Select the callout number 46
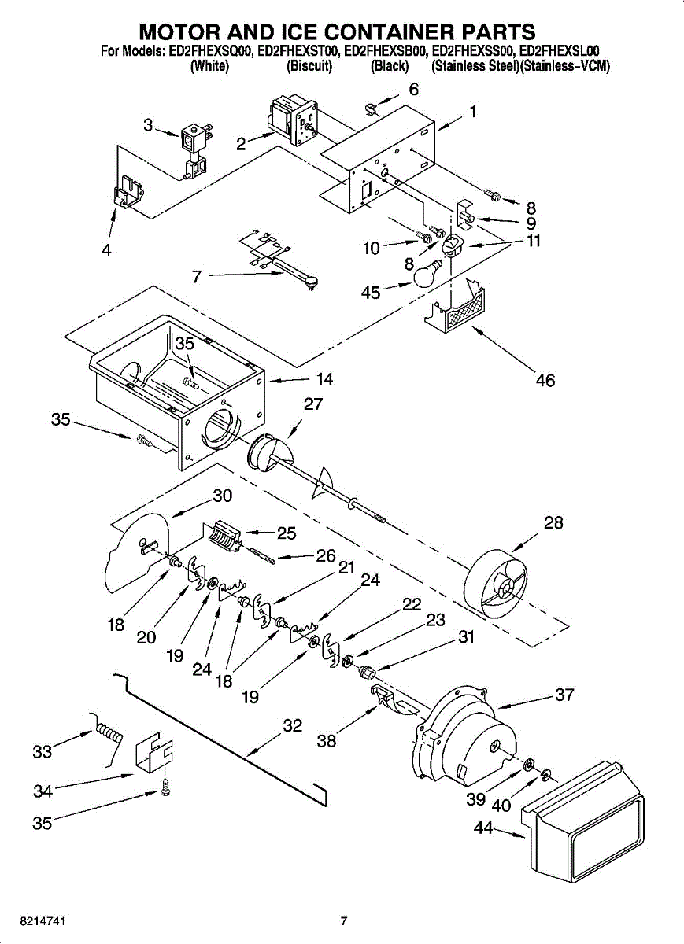[545, 381]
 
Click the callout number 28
[553, 522]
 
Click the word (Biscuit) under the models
[309, 67]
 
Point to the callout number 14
[324, 380]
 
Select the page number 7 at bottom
[343, 921]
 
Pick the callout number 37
[564, 695]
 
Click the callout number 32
[292, 725]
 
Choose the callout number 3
[148, 124]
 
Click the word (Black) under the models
[390, 67]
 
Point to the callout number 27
[313, 404]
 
